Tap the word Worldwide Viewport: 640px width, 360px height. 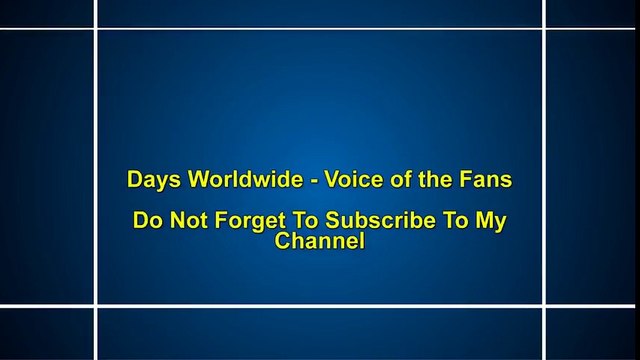pos(236,181)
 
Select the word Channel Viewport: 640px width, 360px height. pos(319,241)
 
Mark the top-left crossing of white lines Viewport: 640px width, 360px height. pos(97,29)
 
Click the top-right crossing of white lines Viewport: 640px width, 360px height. pos(545,29)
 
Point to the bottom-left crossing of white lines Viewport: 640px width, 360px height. pos(97,305)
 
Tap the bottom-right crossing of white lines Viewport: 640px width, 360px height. pos(545,305)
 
